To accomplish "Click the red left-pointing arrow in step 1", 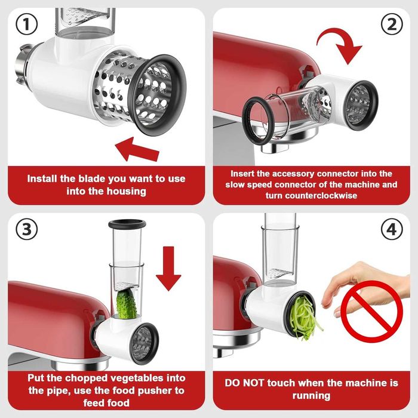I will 138,149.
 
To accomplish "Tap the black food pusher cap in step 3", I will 127,225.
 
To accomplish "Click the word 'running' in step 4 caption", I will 311,395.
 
